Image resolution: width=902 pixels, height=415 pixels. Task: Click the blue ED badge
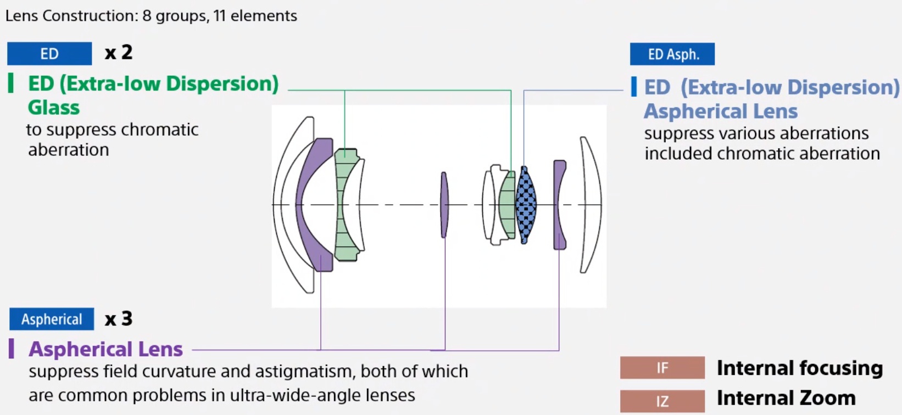49,54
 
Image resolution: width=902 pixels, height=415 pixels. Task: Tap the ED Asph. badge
672,54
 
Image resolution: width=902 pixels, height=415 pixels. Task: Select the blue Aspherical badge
52,319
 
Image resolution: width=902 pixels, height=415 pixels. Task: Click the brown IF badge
662,367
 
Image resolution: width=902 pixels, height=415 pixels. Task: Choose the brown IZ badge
662,401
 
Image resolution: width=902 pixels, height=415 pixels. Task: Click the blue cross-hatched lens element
526,205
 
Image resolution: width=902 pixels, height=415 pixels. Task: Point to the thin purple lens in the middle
444,205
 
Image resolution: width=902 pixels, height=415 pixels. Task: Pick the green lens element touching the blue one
507,205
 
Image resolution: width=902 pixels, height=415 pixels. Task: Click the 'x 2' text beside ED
119,53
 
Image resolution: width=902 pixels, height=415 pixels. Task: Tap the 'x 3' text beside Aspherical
119,319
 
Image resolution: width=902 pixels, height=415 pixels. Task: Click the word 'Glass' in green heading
53,108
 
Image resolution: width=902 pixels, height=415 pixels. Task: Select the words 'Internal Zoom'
786,398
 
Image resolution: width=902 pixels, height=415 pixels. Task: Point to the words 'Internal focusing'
800,368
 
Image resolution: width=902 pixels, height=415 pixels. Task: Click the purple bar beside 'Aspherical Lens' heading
12,349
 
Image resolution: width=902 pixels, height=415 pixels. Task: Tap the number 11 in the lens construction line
220,16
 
